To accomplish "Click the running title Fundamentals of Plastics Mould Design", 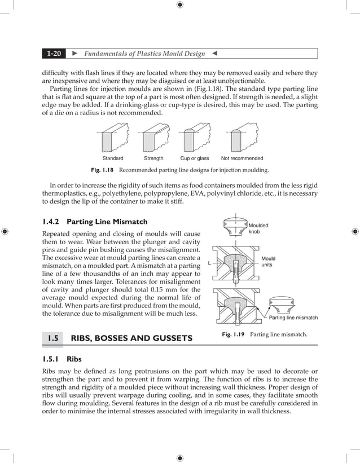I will click(144, 54).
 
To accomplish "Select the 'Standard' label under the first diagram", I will click(112, 158).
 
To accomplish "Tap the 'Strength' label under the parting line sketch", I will click(153, 158).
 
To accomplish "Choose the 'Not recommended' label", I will click(242, 158).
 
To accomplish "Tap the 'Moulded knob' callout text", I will click(258, 228).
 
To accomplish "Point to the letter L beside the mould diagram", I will click(209, 263).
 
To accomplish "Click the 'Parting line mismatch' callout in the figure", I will click(293, 318).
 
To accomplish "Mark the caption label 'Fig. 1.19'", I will click(233, 334).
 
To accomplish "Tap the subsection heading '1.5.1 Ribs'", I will click(62, 359).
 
